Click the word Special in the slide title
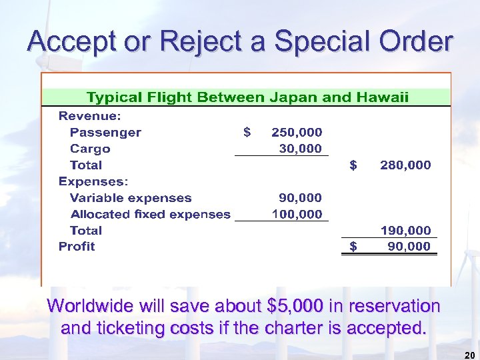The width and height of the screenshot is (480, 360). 313,41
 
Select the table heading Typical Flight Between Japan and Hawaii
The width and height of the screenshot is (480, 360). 247,98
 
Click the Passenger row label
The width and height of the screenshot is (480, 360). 105,132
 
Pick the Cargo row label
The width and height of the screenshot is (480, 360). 90,149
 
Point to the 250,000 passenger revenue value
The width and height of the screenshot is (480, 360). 296,132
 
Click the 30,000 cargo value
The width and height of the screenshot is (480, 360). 300,149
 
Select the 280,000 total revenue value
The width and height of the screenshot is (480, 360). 405,165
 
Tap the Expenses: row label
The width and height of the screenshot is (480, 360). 93,181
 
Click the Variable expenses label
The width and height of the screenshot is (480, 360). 131,198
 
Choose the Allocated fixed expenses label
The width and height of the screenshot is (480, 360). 150,214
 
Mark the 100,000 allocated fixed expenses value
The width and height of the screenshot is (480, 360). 297,214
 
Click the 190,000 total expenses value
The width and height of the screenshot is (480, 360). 405,231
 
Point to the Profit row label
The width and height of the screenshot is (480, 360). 77,247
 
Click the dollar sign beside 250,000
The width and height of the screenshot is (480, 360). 247,132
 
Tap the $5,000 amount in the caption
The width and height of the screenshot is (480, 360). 295,307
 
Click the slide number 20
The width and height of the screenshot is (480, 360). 469,354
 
